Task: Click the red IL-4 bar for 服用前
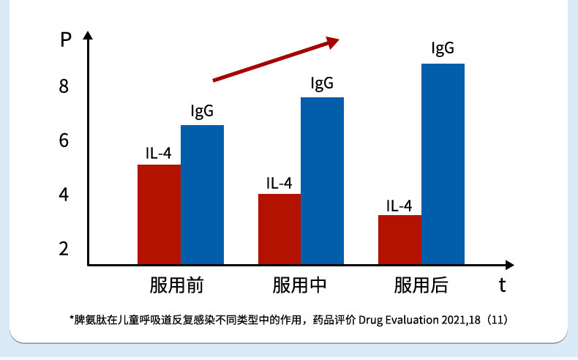tap(159, 214)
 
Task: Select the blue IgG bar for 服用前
tap(203, 195)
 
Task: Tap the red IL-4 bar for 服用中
tap(279, 229)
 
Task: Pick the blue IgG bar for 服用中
tap(323, 181)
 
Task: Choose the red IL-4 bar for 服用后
tap(399, 239)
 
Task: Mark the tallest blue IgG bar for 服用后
tap(443, 164)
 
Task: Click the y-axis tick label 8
tap(64, 86)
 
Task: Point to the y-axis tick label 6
tap(64, 140)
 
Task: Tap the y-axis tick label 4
tap(64, 195)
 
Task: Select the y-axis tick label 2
tap(64, 249)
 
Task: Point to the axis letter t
tap(503, 285)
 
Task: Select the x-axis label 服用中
tap(299, 285)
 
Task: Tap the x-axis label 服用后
tap(421, 285)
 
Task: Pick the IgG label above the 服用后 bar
tap(443, 49)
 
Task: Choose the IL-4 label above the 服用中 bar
tap(279, 183)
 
